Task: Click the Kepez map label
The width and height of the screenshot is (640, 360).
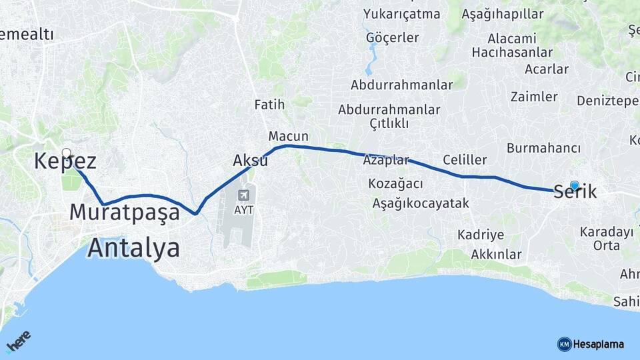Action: point(65,162)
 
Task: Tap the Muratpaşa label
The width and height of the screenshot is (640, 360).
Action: point(125,213)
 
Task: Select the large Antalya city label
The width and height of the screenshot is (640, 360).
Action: point(134,248)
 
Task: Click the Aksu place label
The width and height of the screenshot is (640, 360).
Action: point(250,161)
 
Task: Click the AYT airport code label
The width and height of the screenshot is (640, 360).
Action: point(244,209)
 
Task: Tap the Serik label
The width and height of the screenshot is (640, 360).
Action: point(575,191)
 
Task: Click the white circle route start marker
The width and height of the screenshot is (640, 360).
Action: point(67,153)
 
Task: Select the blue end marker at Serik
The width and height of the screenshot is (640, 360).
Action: point(575,185)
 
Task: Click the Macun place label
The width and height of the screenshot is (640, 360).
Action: point(288,136)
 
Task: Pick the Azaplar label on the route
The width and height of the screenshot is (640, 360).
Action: point(385,160)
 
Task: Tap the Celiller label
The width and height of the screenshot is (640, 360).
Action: point(465,160)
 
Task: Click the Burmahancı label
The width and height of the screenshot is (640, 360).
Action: point(543,148)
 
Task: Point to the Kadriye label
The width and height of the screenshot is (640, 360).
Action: point(480,235)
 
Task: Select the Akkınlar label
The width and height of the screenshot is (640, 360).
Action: point(496,254)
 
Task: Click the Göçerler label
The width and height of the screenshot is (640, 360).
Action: point(392,37)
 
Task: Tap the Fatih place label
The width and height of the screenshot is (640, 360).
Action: point(269,105)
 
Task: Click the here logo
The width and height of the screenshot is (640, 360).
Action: point(19,343)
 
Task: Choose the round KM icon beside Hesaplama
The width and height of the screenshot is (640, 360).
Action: point(564,344)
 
